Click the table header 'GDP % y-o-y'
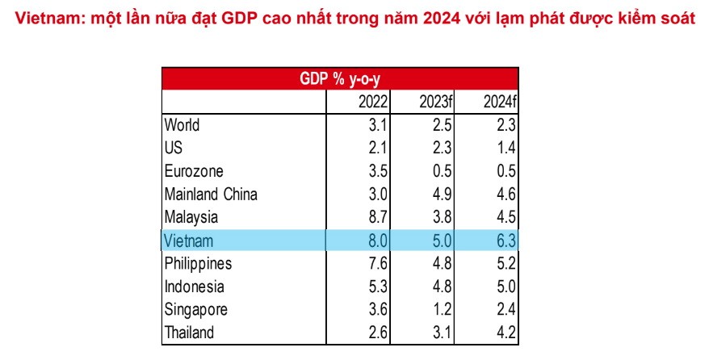coord(340,79)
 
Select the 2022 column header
coord(373,102)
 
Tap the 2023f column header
coord(435,102)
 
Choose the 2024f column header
coord(499,102)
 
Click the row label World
coord(182,125)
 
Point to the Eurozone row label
coord(194,171)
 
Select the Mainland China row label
coord(211,195)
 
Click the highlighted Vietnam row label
coord(188,241)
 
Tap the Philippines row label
coord(198,264)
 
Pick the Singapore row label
coord(195,310)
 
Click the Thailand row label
coord(189,333)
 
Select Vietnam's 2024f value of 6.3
coord(506,241)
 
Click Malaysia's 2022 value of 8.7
coord(378,217)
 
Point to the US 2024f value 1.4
coord(506,149)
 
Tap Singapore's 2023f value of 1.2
coord(443,309)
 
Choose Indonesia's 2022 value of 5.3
coord(378,287)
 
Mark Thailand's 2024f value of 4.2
coord(506,333)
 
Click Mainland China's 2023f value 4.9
coord(443,195)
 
